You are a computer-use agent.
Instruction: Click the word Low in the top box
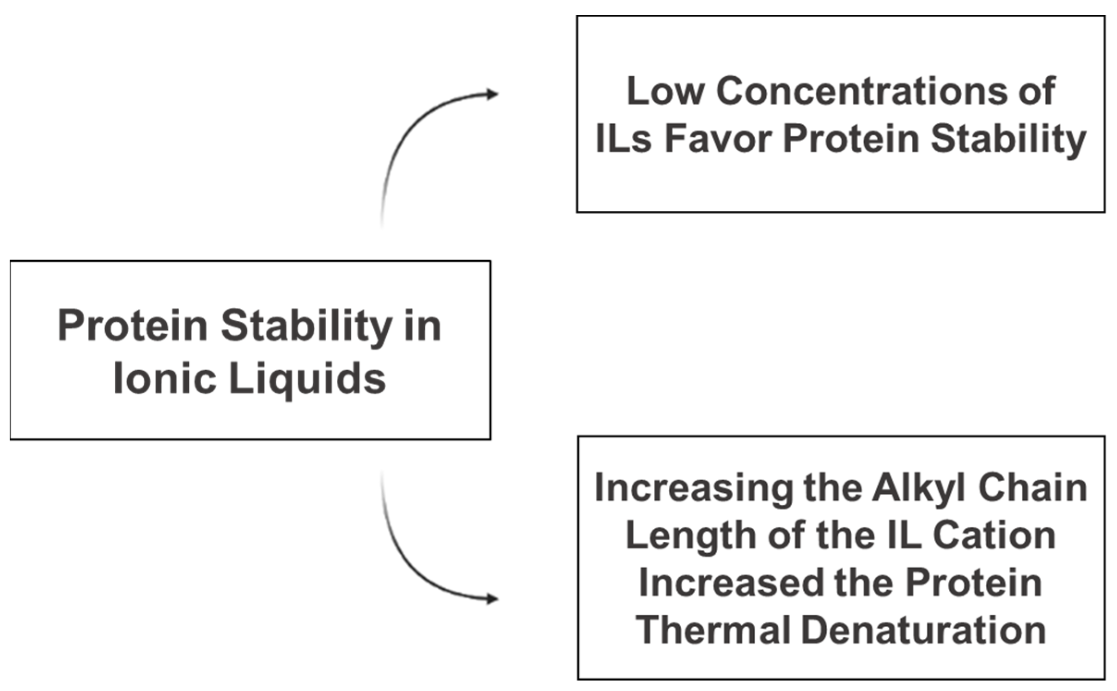[x=665, y=91]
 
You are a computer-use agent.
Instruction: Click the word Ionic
[x=165, y=379]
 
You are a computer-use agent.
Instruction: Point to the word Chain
[x=1032, y=488]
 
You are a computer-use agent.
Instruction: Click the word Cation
[x=994, y=536]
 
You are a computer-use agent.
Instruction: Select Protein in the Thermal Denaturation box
[x=973, y=583]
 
